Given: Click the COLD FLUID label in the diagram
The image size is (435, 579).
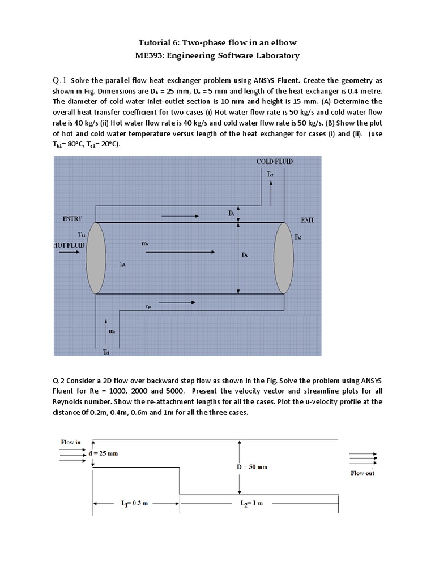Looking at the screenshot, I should coord(275,162).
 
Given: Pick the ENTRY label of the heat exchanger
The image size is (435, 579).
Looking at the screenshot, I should coord(72,219).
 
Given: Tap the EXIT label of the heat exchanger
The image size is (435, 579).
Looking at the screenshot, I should coord(308,220).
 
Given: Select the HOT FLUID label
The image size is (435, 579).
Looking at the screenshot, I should coord(69,245).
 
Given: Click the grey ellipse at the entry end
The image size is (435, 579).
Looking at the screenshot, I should coord(95,257).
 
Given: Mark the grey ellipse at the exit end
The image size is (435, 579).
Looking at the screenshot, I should coord(283,257).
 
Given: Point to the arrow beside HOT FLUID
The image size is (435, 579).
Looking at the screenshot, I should coord(70,254).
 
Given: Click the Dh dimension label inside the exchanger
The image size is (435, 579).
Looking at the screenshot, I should coord(245,255).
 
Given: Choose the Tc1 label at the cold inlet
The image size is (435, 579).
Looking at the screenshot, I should coord(106,351).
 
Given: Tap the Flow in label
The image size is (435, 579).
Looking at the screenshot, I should coord(70,442).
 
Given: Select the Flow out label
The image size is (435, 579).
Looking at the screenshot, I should coord(362,473).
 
